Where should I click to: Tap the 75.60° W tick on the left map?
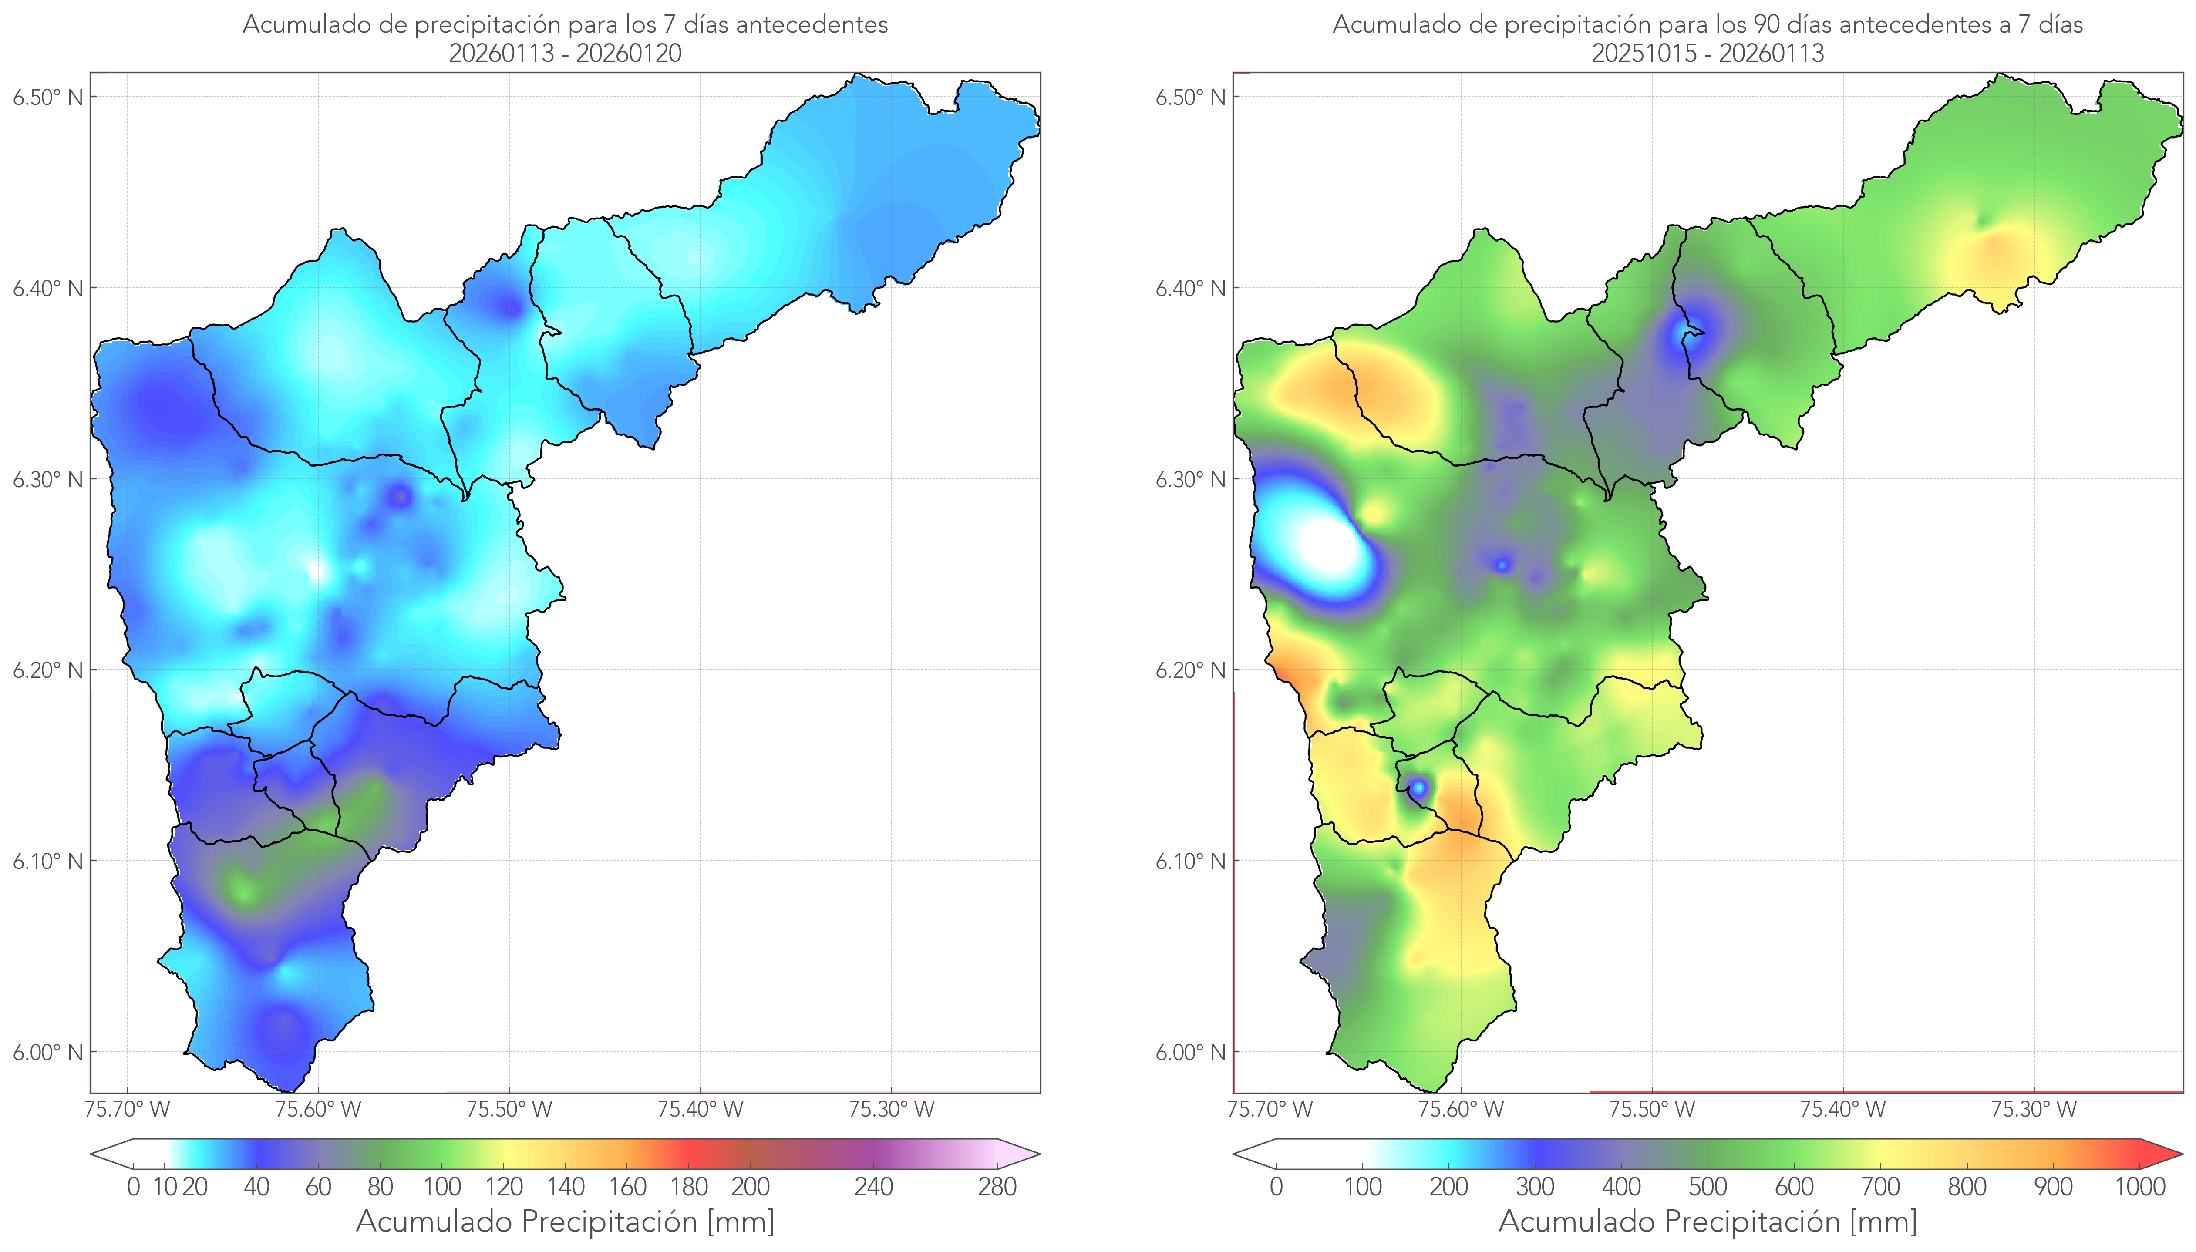click(318, 1109)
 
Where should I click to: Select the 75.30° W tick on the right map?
click(2034, 1109)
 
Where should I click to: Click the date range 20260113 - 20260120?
click(565, 53)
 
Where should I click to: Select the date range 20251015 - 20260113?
click(1708, 53)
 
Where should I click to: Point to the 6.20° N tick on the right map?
click(1191, 670)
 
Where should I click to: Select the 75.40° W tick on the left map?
click(700, 1109)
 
